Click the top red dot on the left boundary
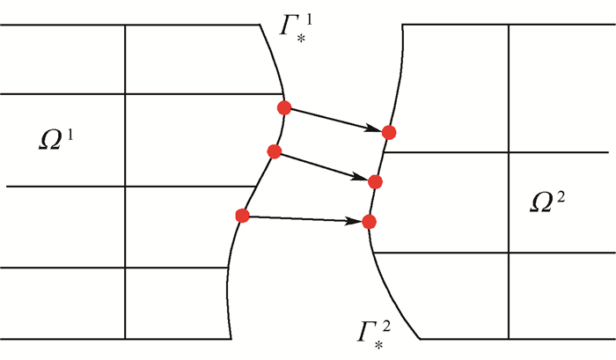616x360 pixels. click(283, 107)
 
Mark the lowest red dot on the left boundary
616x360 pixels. click(243, 216)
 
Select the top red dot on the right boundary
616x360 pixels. click(389, 132)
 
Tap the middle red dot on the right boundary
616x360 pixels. click(376, 181)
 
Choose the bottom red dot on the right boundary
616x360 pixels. click(370, 220)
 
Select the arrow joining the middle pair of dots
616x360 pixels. click(325, 166)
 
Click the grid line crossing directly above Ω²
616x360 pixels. click(509, 152)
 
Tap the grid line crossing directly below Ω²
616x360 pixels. click(509, 253)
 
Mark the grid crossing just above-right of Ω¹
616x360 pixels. click(125, 93)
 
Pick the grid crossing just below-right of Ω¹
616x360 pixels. click(125, 187)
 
